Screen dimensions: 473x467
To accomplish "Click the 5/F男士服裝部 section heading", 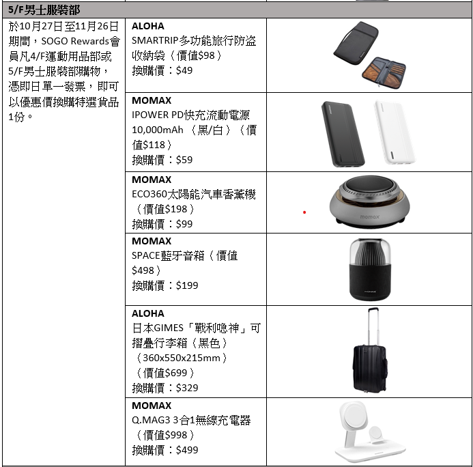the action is pyautogui.click(x=44, y=10).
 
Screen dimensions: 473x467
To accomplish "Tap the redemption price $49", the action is pyautogui.click(x=184, y=70).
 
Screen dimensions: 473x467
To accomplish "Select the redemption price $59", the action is pyautogui.click(x=184, y=160).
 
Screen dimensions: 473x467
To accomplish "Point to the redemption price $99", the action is pyautogui.click(x=184, y=224).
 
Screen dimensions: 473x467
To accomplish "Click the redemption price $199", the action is pyautogui.click(x=187, y=285).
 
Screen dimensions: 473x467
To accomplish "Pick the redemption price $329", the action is pyautogui.click(x=187, y=388).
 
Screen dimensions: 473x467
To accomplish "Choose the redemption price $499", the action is pyautogui.click(x=187, y=450).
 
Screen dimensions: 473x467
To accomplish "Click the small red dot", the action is pyautogui.click(x=304, y=212).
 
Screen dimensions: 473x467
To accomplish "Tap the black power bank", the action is pyautogui.click(x=343, y=134).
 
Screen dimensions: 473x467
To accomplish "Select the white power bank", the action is pyautogui.click(x=395, y=132).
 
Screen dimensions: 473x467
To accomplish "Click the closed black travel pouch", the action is pyautogui.click(x=356, y=42).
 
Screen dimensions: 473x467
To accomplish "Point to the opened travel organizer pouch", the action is pyautogui.click(x=384, y=72).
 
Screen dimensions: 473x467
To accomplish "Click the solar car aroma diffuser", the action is pyautogui.click(x=370, y=201).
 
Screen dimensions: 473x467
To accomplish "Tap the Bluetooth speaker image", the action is pyautogui.click(x=370, y=270).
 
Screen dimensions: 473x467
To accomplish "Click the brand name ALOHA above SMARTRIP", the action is pyautogui.click(x=148, y=26).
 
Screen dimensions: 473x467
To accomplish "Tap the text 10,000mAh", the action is pyautogui.click(x=158, y=130).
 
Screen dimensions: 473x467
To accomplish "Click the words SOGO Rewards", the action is pyautogui.click(x=75, y=41).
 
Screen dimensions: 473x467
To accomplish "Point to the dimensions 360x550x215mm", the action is pyautogui.click(x=182, y=358).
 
